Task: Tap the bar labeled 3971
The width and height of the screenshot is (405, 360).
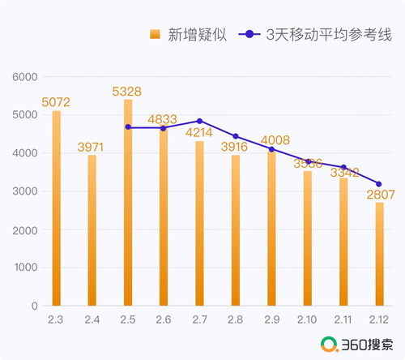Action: [x=92, y=230]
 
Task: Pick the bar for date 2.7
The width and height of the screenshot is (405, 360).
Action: [x=200, y=223]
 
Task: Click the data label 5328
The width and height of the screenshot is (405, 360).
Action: [x=128, y=92]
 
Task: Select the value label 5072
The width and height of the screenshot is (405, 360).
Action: [x=57, y=103]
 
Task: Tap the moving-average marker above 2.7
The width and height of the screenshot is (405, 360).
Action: [x=200, y=121]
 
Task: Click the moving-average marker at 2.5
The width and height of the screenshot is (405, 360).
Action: [x=128, y=127]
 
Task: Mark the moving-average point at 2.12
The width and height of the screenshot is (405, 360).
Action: [x=378, y=184]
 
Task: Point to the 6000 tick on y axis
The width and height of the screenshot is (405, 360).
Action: [x=26, y=77]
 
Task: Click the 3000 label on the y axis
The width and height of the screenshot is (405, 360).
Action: [x=26, y=191]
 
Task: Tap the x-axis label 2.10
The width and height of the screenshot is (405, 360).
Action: [x=307, y=320]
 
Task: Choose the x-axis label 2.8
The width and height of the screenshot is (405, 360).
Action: [x=236, y=320]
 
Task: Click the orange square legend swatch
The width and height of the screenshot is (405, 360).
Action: [x=155, y=34]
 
